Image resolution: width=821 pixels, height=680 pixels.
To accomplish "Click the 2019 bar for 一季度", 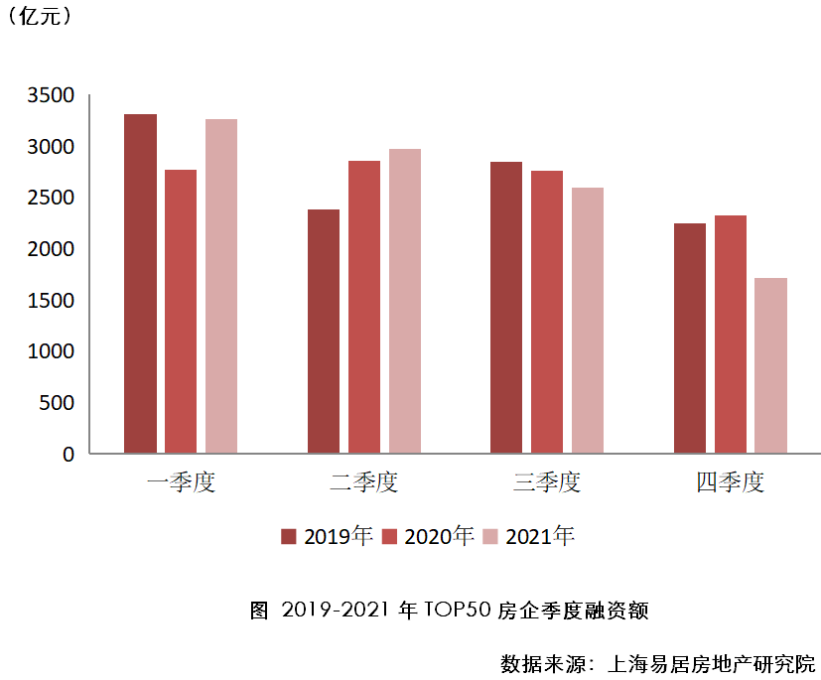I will [140, 284].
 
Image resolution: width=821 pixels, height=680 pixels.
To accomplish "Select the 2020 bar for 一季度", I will [181, 312].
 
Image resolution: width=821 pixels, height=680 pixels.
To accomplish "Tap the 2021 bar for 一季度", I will [221, 286].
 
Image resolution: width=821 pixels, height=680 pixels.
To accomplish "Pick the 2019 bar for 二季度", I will [324, 332].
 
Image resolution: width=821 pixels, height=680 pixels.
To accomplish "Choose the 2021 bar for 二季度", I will [405, 301].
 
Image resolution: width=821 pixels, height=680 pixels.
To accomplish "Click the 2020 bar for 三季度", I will [547, 312].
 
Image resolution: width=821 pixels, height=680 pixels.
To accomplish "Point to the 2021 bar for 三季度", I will [588, 321].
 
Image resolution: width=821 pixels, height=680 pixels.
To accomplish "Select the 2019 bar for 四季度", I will [690, 339].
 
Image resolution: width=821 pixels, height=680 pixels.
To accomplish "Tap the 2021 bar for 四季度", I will [771, 365].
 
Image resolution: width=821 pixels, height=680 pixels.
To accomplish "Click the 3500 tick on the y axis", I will [55, 96].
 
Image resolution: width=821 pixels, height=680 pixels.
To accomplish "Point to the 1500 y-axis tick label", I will [55, 301].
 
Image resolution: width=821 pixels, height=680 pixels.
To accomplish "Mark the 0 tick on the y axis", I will [68, 455].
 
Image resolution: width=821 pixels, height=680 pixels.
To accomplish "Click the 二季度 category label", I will [363, 483].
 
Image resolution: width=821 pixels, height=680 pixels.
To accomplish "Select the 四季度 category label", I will [730, 483].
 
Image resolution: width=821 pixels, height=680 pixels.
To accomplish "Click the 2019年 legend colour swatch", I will [289, 537].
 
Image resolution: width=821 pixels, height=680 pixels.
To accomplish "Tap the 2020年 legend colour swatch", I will [390, 537].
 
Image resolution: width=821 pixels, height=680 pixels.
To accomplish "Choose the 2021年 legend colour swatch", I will [490, 537].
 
